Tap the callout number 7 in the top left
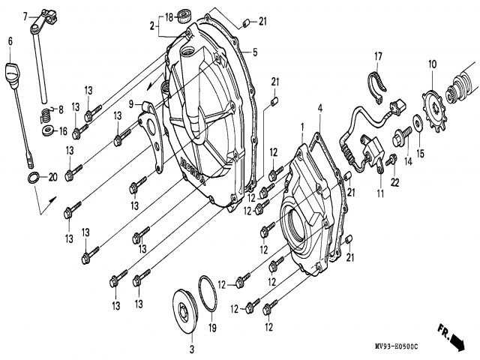[25, 15]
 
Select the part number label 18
[169, 17]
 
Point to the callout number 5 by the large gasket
[254, 52]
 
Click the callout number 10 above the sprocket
[432, 65]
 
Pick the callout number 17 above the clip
[379, 55]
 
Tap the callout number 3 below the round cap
[190, 350]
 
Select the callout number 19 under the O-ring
[212, 328]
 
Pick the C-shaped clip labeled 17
[379, 83]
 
